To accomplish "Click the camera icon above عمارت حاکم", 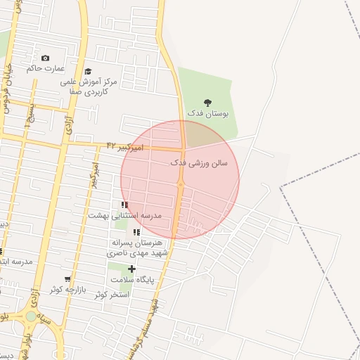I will point(46,58).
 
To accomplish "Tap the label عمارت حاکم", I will point(46,69).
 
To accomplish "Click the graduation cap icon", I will point(88,71).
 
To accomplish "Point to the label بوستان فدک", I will point(207,113).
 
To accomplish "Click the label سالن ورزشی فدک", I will point(199,162).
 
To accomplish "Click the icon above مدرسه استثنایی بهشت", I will point(124,205).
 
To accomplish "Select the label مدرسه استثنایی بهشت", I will point(124,215).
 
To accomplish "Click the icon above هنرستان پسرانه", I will point(136,232).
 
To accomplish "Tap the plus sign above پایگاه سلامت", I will point(131,269).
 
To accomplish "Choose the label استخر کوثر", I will point(112,295).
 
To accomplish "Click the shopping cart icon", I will point(67,279).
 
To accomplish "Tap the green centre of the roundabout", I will point(31,316).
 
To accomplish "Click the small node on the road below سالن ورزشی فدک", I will point(181,184).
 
